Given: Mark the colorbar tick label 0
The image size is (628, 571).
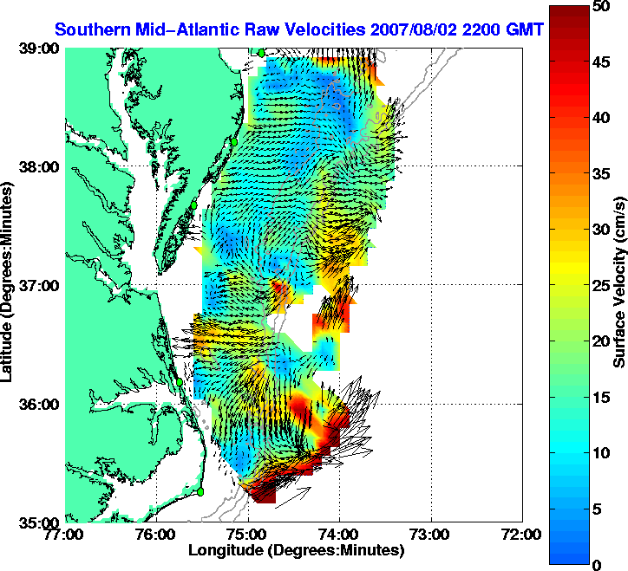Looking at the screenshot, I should (597, 565).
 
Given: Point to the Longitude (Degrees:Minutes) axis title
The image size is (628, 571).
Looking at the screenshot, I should (295, 550).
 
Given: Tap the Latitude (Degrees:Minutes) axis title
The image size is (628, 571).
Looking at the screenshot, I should (9, 286).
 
